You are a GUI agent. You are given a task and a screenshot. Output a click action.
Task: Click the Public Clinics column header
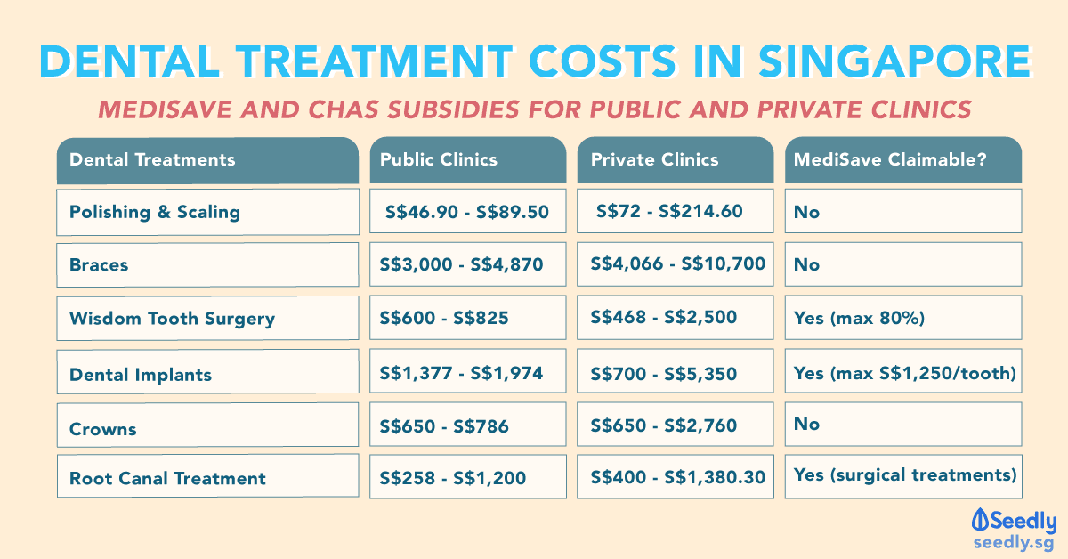point(467,160)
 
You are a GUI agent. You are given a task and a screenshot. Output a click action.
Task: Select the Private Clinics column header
point(676,160)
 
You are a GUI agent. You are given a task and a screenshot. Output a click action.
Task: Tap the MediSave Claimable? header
point(902,160)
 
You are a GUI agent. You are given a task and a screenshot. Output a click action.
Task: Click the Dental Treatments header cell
point(207,160)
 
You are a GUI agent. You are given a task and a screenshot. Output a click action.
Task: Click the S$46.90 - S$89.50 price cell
point(467,212)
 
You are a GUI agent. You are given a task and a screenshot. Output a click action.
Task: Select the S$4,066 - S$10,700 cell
point(676,264)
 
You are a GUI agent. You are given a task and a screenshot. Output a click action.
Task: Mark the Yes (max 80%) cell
point(902,318)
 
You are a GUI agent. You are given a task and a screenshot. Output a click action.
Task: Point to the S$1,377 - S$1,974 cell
point(467,373)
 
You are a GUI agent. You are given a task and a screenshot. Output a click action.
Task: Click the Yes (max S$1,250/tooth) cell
point(902,373)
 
